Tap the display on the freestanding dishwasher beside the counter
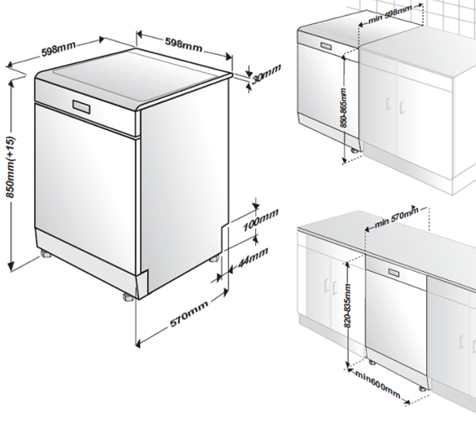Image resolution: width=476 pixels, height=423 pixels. coord(326,47)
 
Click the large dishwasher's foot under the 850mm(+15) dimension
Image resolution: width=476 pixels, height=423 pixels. coord(46,255)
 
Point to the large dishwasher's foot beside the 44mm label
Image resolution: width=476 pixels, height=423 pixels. coord(214,258)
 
